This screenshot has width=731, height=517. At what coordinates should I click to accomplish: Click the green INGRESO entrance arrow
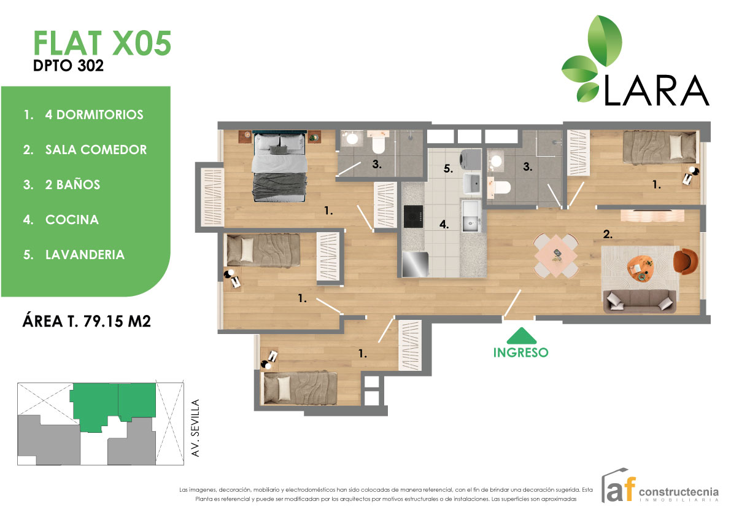point(520,336)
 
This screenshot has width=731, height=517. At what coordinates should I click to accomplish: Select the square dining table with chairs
point(556,255)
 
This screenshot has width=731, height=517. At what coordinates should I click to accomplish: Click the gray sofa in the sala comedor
point(639,300)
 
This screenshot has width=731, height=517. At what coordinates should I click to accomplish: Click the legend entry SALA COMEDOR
point(96,150)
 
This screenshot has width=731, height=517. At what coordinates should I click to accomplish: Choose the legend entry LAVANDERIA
point(85,254)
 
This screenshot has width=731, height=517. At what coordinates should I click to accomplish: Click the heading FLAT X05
point(102,44)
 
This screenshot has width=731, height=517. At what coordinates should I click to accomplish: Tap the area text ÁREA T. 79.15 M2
point(87,321)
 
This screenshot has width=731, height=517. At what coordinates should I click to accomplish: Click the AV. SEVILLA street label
point(196,427)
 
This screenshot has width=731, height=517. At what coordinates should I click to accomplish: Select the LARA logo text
point(657,90)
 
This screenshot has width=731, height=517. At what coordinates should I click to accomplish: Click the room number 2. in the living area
point(608,234)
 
